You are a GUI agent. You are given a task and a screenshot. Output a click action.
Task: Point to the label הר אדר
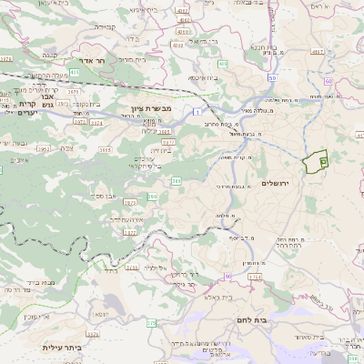coord(94,61)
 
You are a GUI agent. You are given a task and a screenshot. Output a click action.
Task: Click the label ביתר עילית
coord(62,348)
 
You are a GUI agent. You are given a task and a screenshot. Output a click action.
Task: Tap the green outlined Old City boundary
coord(317,161)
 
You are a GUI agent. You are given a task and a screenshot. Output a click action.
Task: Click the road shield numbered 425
coord(223,64)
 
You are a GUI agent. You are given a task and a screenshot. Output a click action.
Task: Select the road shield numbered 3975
coord(76,91)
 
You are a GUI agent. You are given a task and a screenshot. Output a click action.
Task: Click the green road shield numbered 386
coord(176,181)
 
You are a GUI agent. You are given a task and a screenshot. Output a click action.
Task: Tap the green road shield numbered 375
coord(151,322)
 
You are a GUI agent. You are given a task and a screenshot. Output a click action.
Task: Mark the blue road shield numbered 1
coord(196,111)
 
